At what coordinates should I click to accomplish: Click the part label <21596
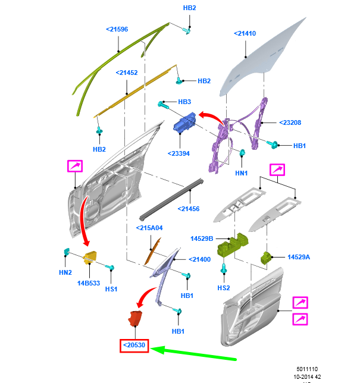[x=117, y=29]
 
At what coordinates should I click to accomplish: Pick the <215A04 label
[x=149, y=228]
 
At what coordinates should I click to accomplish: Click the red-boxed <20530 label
[x=134, y=346]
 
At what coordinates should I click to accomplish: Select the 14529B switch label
[x=202, y=238]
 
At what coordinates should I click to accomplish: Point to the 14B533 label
[x=88, y=284]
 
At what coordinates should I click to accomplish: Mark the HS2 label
[x=223, y=288]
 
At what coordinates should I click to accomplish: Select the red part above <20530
[x=136, y=318]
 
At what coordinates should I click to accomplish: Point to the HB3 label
[x=184, y=102]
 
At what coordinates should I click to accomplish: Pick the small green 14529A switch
[x=267, y=257]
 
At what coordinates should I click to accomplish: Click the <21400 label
[x=200, y=259]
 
